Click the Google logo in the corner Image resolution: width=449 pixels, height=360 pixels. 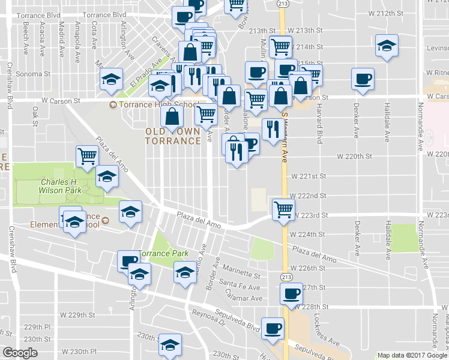tap(20, 353)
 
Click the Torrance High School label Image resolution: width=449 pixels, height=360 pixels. tap(158, 105)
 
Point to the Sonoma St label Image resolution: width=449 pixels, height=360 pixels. tap(34, 74)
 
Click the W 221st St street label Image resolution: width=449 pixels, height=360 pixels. tap(308, 176)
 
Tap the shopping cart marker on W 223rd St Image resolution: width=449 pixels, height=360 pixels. tap(283, 209)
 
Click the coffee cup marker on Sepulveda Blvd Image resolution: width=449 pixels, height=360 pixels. tap(273, 328)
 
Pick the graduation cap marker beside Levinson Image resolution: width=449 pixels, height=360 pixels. tap(387, 45)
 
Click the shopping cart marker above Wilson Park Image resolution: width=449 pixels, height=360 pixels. tap(88, 156)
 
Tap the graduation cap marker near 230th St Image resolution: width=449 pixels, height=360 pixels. tap(170, 346)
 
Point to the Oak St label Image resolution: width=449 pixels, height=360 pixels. tap(35, 112)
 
